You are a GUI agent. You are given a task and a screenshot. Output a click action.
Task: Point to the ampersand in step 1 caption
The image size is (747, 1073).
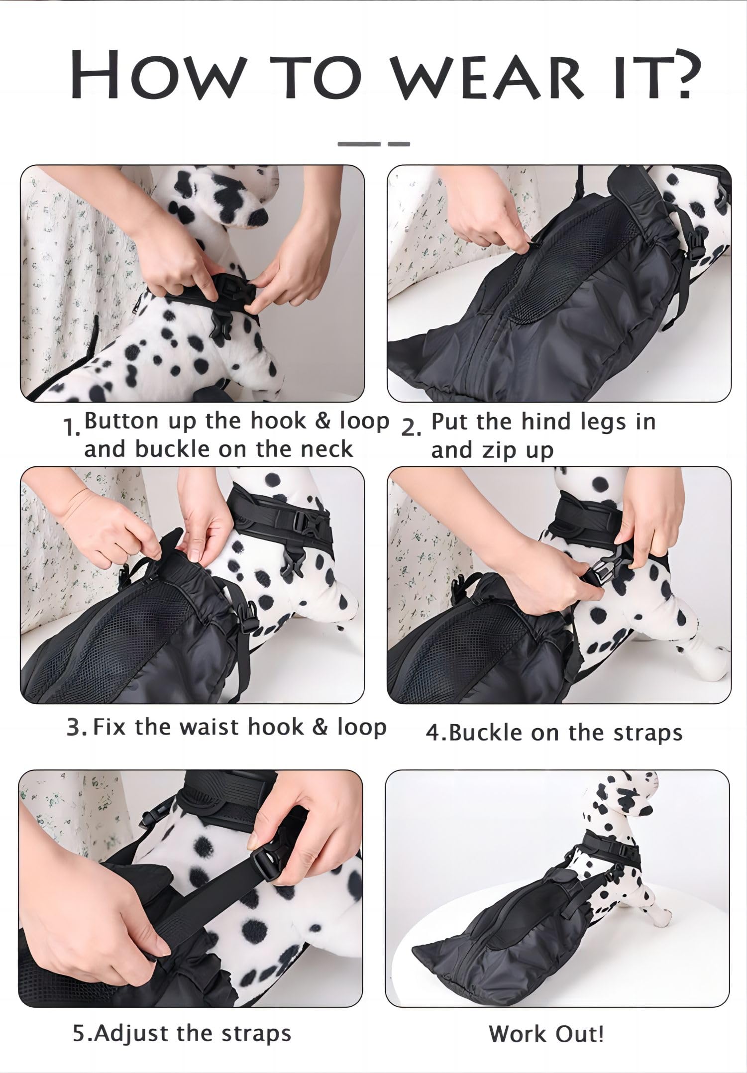(324, 422)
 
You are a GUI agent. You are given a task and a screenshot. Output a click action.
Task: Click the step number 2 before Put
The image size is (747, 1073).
(411, 428)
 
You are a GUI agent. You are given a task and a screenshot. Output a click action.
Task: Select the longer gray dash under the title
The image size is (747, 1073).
(359, 144)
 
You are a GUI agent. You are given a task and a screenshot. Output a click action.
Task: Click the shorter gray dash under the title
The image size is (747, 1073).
(399, 144)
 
